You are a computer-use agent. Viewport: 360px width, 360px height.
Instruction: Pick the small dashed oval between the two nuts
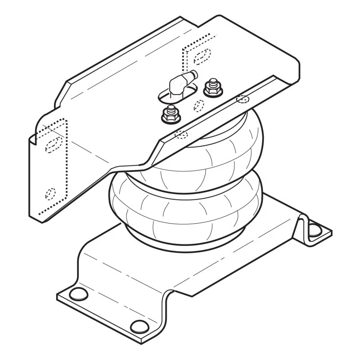(x=198, y=105)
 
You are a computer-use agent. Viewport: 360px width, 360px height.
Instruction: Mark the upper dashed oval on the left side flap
(x=54, y=144)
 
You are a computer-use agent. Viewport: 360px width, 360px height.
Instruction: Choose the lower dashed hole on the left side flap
(x=50, y=193)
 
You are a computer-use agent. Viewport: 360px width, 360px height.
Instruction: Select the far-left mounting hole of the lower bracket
(x=79, y=294)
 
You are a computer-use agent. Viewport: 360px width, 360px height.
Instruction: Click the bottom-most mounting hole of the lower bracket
(x=139, y=326)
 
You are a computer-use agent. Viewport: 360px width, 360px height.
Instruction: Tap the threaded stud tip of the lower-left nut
(x=171, y=109)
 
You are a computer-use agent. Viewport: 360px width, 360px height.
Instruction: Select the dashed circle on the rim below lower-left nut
(x=181, y=134)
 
